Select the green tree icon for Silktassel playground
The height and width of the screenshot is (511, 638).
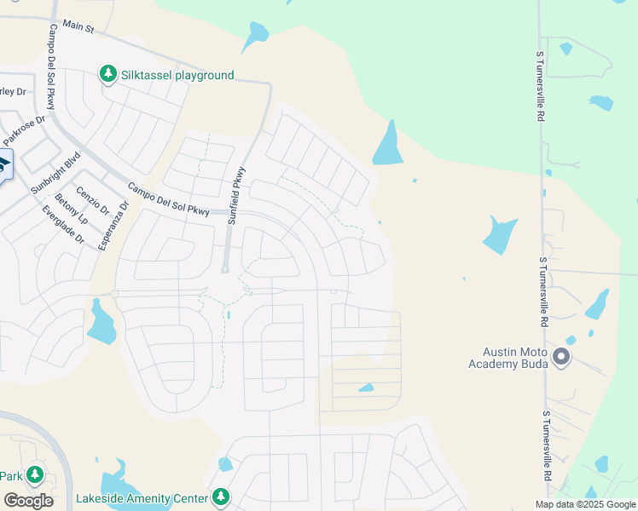coord(108,74)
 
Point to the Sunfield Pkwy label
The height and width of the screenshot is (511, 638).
coord(235,195)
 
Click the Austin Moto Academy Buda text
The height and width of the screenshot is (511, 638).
coord(506,358)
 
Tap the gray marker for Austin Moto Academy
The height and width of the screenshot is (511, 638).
coord(561,356)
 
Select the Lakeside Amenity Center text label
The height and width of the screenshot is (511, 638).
coord(142,497)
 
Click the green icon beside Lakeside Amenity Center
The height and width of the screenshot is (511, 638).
coord(221,496)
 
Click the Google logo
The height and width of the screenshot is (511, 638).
coord(28,500)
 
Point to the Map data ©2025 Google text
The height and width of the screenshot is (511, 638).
coord(584,504)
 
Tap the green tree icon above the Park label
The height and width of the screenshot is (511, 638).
coord(35,474)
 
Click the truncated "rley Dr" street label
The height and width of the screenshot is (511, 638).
coord(12,92)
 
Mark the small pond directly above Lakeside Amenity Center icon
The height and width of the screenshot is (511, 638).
coord(225,464)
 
